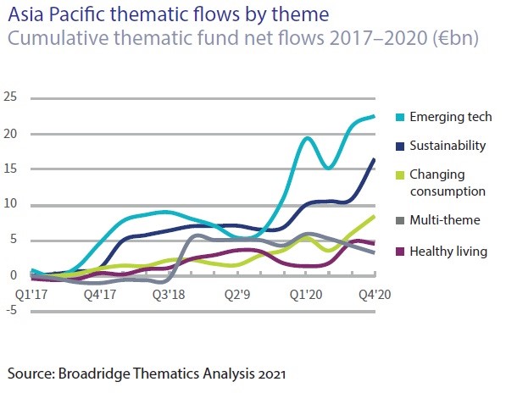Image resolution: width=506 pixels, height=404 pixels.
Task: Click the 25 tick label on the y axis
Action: [10, 97]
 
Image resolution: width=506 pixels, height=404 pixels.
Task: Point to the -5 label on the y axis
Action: [11, 310]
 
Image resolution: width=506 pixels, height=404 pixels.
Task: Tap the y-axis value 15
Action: [10, 169]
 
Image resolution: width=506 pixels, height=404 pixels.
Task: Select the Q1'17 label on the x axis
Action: [31, 295]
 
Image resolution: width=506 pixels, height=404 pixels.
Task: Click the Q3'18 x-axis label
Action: [169, 295]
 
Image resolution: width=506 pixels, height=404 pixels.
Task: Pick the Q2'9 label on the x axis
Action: [237, 295]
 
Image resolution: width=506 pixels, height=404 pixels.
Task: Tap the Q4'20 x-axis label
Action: [375, 295]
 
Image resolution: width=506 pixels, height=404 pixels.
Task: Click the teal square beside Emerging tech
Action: [400, 117]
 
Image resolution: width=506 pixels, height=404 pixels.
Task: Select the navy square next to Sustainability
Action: [400, 147]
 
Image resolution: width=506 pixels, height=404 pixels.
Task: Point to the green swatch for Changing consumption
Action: [400, 175]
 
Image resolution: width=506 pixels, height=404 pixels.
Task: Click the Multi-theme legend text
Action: [445, 220]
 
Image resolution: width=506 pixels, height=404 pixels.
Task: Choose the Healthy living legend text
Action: [448, 252]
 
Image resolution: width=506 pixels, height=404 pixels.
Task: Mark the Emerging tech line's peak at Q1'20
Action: [307, 138]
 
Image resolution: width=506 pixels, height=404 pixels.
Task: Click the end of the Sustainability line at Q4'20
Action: [375, 159]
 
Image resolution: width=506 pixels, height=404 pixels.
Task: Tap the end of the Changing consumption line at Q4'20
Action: [375, 217]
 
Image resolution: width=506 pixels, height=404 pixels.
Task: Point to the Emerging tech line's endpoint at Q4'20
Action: [375, 116]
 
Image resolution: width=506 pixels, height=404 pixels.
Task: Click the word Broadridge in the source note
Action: [95, 374]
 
